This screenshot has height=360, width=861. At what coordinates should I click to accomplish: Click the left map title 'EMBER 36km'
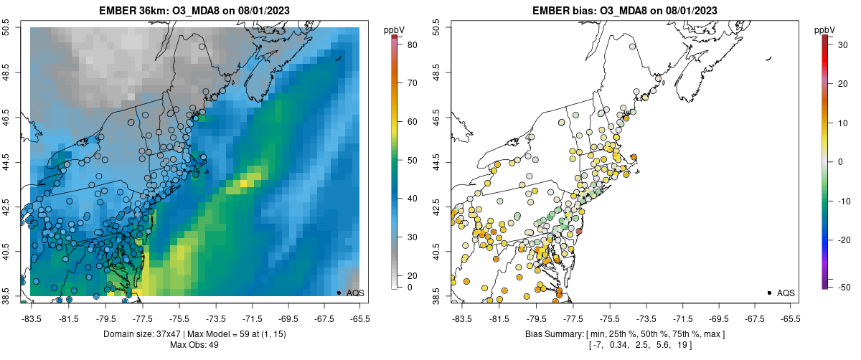(133, 11)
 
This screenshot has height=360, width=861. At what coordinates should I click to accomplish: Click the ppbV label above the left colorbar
(395, 29)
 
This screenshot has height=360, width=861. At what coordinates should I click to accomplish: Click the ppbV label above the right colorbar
(825, 29)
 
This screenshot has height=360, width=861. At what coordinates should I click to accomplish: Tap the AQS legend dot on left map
(339, 293)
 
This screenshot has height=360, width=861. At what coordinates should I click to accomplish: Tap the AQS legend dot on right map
(769, 293)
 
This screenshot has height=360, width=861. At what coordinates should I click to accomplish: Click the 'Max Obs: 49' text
(194, 345)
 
